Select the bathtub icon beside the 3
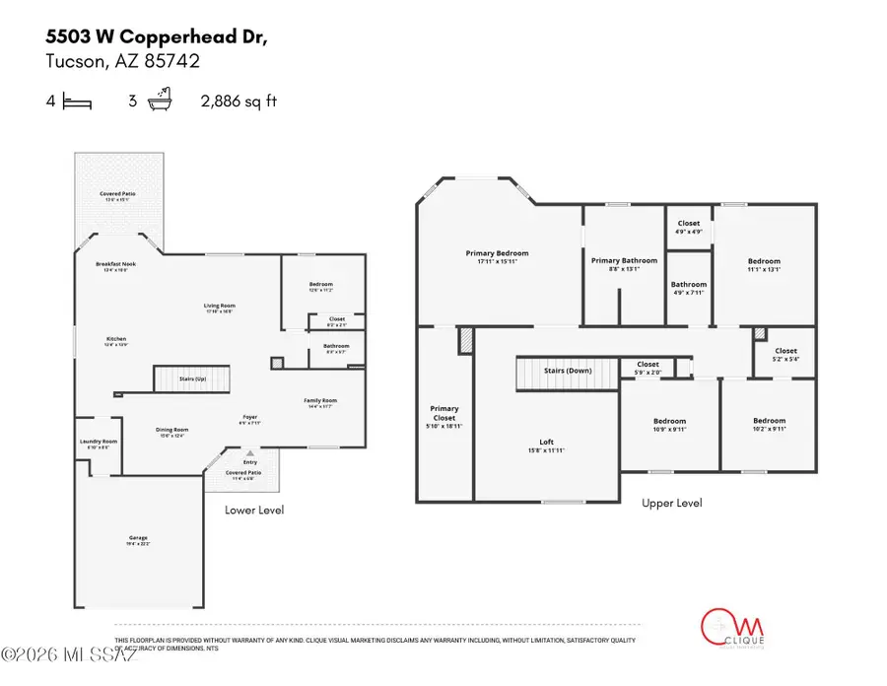pos(161,101)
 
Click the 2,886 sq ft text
pos(239,101)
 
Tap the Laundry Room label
pos(99,442)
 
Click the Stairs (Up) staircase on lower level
pos(191,377)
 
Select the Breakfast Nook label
pos(116,265)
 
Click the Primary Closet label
pos(444,413)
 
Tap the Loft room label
pos(546,443)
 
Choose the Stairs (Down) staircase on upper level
pos(567,371)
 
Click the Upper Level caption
pos(672,503)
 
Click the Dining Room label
pos(172,429)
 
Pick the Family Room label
pos(319,400)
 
